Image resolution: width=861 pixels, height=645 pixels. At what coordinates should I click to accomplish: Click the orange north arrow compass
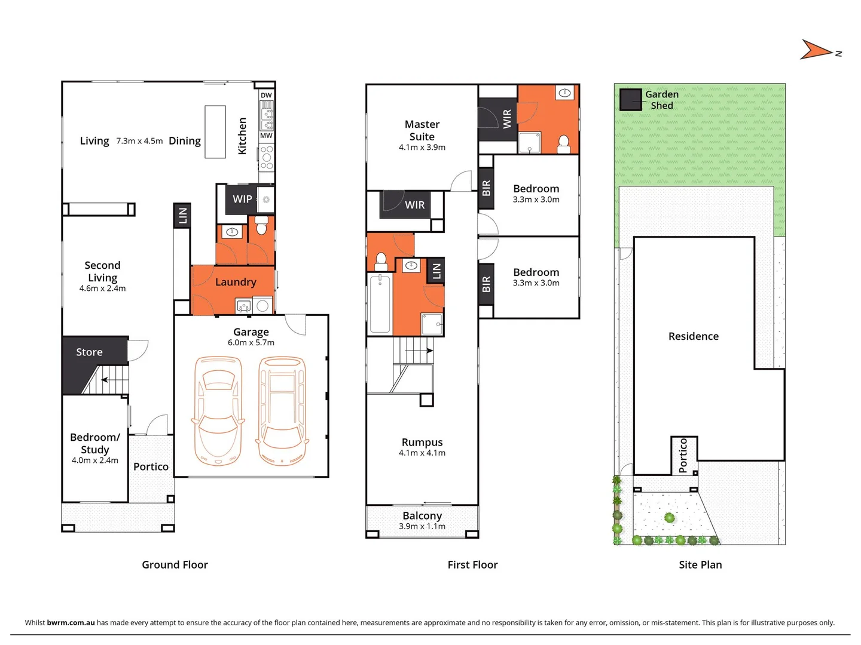(817, 50)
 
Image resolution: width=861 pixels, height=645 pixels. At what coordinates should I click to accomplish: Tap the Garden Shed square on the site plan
(630, 100)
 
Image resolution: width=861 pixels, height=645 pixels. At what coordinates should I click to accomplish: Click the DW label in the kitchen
(266, 96)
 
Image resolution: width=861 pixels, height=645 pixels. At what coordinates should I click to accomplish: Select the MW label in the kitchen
(266, 136)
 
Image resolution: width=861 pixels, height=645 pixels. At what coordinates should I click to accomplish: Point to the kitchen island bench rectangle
(215, 132)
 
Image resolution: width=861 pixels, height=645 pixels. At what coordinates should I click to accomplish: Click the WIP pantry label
(242, 199)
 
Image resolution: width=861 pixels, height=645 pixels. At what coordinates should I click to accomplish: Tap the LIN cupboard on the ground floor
(182, 215)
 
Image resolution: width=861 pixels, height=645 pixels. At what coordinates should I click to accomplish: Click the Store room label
(89, 352)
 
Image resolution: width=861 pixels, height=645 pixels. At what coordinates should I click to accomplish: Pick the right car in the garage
(282, 411)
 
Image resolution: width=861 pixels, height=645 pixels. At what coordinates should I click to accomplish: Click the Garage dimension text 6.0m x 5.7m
(251, 343)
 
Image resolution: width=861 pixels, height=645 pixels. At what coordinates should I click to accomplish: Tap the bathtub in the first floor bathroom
(380, 303)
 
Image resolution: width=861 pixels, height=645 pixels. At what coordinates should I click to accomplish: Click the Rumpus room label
(422, 443)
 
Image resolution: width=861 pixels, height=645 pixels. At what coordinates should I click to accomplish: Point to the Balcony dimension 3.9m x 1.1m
(422, 526)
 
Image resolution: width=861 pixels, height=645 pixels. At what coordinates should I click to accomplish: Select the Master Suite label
(422, 130)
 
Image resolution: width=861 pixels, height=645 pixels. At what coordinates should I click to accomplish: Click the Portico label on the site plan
(683, 455)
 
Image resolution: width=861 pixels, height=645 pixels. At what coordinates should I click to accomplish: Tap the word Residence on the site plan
(694, 336)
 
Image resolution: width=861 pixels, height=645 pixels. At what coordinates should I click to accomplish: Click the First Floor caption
(472, 565)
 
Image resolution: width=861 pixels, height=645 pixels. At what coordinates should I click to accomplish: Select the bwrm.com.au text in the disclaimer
(71, 622)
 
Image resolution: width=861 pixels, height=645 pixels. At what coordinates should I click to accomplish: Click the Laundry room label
(236, 282)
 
